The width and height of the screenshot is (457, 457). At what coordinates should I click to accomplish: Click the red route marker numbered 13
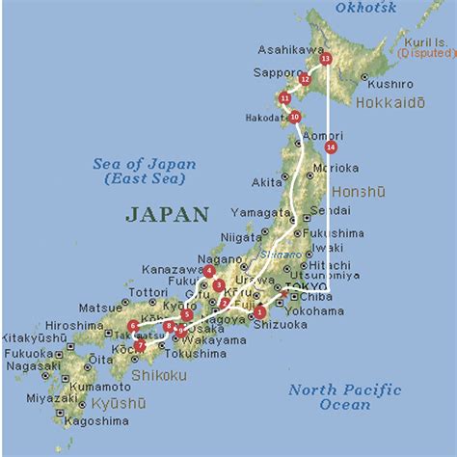[x=325, y=59]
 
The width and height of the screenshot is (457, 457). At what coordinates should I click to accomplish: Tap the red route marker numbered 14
[x=331, y=148]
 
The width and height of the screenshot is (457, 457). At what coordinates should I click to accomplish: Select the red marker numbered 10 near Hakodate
[x=295, y=117]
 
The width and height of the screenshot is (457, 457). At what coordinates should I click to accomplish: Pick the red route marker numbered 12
[x=305, y=79]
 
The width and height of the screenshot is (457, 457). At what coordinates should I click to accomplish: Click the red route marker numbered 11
[x=284, y=98]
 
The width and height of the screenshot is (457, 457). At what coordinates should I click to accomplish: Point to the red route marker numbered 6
[x=132, y=326]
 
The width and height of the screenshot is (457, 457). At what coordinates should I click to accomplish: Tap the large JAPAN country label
[x=167, y=214]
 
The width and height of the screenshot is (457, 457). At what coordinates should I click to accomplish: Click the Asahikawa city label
[x=290, y=49]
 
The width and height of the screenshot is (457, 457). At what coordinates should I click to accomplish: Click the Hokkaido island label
[x=391, y=101]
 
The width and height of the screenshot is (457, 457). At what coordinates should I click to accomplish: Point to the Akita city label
[x=267, y=181]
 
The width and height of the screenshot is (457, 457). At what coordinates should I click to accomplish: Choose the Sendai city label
[x=331, y=209]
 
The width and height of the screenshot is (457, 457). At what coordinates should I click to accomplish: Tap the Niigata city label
[x=240, y=236]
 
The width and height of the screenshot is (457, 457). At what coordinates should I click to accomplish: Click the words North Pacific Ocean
[x=344, y=396]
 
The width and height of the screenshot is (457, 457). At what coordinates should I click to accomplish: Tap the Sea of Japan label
[x=145, y=171]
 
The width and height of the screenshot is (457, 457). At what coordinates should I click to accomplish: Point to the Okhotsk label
[x=365, y=9]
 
